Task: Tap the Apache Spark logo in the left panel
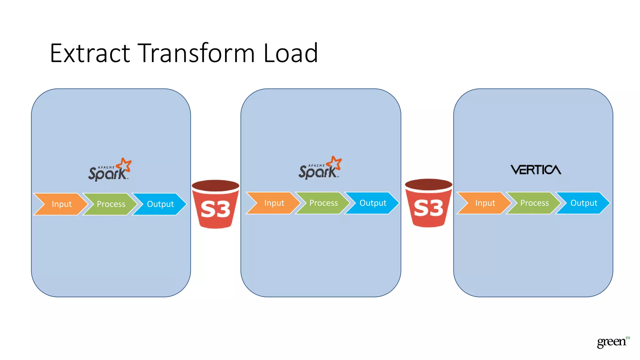coord(109,170)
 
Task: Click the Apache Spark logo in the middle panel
coord(320,168)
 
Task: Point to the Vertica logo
coord(536,170)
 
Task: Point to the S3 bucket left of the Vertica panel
coord(428,203)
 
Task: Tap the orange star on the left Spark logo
coord(124,165)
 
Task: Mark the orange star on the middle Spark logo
coord(335,163)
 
